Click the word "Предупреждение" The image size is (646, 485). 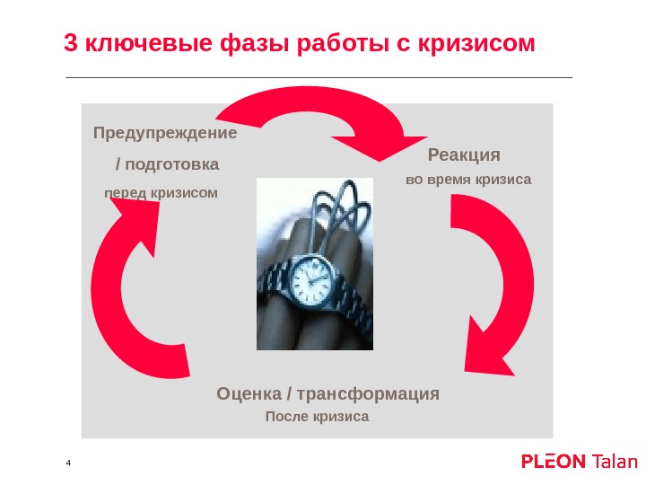[x=165, y=134]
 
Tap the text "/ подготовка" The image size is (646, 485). [x=168, y=165]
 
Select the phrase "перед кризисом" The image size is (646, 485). [x=161, y=193]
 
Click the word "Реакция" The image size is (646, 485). [x=464, y=154]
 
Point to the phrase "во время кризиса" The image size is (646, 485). [x=468, y=180]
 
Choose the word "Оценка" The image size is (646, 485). [x=249, y=394]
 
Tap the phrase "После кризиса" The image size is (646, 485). [x=317, y=418]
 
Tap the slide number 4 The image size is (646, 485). [x=67, y=463]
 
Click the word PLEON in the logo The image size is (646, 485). [x=554, y=462]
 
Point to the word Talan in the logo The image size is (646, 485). [x=615, y=462]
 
